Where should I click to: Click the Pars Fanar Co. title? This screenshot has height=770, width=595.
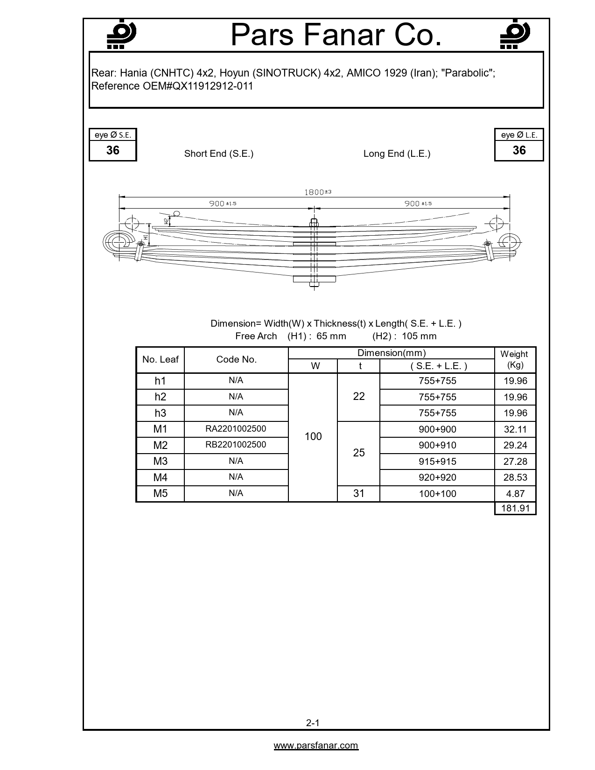[336, 35]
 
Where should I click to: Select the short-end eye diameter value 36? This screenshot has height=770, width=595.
[113, 150]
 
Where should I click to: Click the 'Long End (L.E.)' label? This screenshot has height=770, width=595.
[397, 154]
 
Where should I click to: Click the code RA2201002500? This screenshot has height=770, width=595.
[236, 428]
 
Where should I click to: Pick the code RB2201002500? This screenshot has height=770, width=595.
[236, 444]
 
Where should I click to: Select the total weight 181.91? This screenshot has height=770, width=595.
[515, 508]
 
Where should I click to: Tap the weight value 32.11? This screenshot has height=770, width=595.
[515, 429]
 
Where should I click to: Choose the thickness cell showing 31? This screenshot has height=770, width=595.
[358, 493]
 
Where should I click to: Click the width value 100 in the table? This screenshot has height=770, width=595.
[313, 436]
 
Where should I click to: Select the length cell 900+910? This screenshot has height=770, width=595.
[437, 445]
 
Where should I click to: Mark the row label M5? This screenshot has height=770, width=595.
[160, 493]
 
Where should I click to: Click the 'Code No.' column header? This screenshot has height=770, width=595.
[236, 359]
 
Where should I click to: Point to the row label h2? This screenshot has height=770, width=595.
[160, 397]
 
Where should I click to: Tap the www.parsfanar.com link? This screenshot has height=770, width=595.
[316, 745]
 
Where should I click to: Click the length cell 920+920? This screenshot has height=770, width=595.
[437, 477]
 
